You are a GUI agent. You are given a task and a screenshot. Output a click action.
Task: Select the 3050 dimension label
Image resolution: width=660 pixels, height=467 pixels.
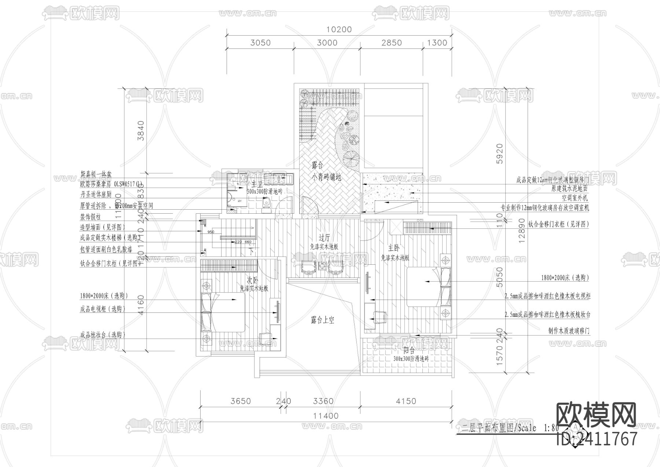[260, 43]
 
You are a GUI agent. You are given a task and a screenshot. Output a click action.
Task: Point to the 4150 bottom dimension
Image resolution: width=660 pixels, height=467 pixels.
[406, 401]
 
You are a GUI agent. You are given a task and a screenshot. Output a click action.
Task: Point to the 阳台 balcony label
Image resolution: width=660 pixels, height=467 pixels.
[409, 350]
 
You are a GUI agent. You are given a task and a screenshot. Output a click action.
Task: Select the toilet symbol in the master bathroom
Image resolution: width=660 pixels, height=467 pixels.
[267, 203]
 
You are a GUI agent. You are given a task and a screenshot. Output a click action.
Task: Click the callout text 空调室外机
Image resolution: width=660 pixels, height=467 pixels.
[575, 198]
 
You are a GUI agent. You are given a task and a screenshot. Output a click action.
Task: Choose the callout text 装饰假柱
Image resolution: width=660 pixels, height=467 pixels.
[90, 217]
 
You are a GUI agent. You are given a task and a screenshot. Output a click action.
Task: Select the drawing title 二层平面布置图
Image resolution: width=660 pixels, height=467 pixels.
[488, 428]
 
